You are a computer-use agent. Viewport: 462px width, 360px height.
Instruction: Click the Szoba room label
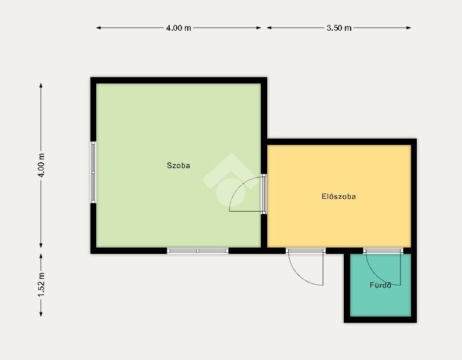pyautogui.click(x=179, y=166)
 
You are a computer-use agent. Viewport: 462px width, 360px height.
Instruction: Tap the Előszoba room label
pyautogui.click(x=339, y=197)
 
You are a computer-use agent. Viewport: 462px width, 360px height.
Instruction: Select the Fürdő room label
pyautogui.click(x=380, y=285)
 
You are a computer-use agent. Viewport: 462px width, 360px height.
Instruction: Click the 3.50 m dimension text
pyautogui.click(x=339, y=28)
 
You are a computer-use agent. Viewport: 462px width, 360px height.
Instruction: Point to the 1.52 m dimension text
pyautogui.click(x=41, y=285)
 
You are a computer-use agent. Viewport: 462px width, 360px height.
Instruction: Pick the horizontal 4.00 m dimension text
pyautogui.click(x=179, y=28)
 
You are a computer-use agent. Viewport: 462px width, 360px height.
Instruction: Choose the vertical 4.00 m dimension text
pyautogui.click(x=41, y=165)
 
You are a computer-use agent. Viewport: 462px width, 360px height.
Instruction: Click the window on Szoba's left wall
pyautogui.click(x=93, y=172)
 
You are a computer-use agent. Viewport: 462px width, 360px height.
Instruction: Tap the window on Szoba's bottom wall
pyautogui.click(x=198, y=250)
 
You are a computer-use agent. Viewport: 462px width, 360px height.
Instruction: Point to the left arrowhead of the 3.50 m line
pyautogui.click(x=269, y=28)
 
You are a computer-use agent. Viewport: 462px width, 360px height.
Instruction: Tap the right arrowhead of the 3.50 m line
pyautogui.click(x=409, y=28)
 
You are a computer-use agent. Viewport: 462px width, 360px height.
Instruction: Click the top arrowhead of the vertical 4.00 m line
pyautogui.click(x=41, y=86)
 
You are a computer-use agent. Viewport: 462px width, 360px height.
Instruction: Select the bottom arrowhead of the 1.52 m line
pyautogui.click(x=41, y=314)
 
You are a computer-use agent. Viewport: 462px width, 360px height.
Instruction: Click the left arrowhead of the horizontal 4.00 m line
pyautogui.click(x=99, y=28)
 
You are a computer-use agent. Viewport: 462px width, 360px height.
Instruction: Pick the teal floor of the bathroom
pyautogui.click(x=380, y=300)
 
